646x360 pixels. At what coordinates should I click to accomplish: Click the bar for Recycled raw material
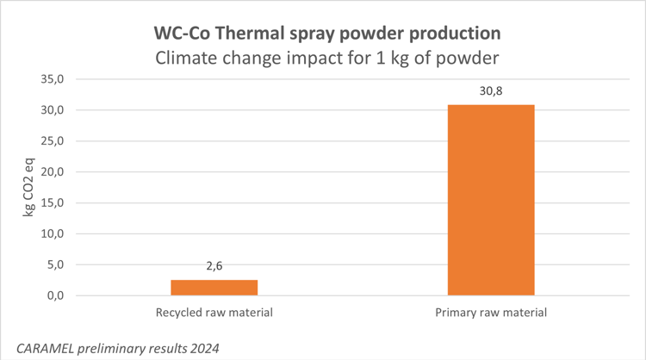pos(214,288)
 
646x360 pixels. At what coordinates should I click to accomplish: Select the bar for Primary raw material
pos(491,200)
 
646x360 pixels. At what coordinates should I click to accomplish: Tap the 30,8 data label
pos(491,90)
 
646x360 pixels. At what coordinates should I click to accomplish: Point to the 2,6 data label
pos(214,266)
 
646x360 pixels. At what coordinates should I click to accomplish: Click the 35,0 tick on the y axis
pos(53,79)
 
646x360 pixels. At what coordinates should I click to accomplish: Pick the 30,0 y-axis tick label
pos(53,110)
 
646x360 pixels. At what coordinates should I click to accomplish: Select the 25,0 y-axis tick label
pos(53,141)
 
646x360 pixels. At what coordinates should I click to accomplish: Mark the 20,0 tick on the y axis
pos(53,172)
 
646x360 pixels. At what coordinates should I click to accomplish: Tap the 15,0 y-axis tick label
pos(53,203)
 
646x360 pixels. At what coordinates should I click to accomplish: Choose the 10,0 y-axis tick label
pos(53,234)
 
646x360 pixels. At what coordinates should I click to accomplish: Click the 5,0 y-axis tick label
pos(57,265)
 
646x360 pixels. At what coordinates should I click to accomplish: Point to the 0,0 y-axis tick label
pos(57,296)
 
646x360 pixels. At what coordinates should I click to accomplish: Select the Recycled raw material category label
pos(214,312)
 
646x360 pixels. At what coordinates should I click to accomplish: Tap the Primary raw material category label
pos(491,312)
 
